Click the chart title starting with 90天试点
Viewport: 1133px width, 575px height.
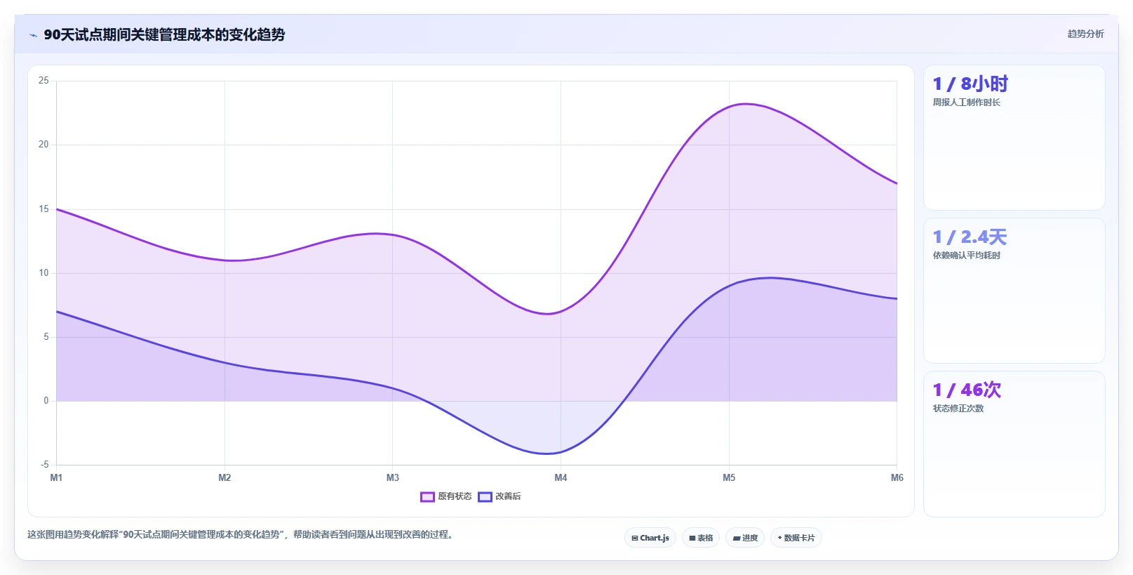pyautogui.click(x=164, y=34)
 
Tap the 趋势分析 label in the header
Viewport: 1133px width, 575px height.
pyautogui.click(x=1085, y=34)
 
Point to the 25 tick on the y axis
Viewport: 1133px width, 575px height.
pyautogui.click(x=43, y=81)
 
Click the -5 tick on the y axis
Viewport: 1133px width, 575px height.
pyautogui.click(x=44, y=464)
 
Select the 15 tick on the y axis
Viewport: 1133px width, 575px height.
pyautogui.click(x=43, y=209)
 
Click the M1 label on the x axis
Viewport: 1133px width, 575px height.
pyautogui.click(x=56, y=477)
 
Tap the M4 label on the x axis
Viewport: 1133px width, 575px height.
pyautogui.click(x=561, y=477)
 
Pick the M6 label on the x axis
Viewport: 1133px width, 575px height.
pyautogui.click(x=897, y=477)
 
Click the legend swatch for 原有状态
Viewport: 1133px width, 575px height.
pyautogui.click(x=427, y=496)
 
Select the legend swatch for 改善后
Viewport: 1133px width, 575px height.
pyautogui.click(x=485, y=496)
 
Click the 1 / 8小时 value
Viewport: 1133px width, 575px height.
pyautogui.click(x=970, y=84)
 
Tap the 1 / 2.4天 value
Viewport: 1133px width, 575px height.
pyautogui.click(x=970, y=237)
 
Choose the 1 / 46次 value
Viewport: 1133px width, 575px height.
pyautogui.click(x=967, y=390)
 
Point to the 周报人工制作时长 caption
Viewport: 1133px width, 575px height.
pyautogui.click(x=966, y=103)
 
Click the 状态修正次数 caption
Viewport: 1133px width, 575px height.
pyautogui.click(x=958, y=409)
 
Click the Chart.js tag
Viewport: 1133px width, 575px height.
pyautogui.click(x=650, y=538)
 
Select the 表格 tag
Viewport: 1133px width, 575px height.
pyautogui.click(x=701, y=538)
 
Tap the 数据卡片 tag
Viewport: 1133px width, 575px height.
pyautogui.click(x=796, y=538)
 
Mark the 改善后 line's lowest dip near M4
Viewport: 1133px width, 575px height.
pyautogui.click(x=547, y=454)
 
